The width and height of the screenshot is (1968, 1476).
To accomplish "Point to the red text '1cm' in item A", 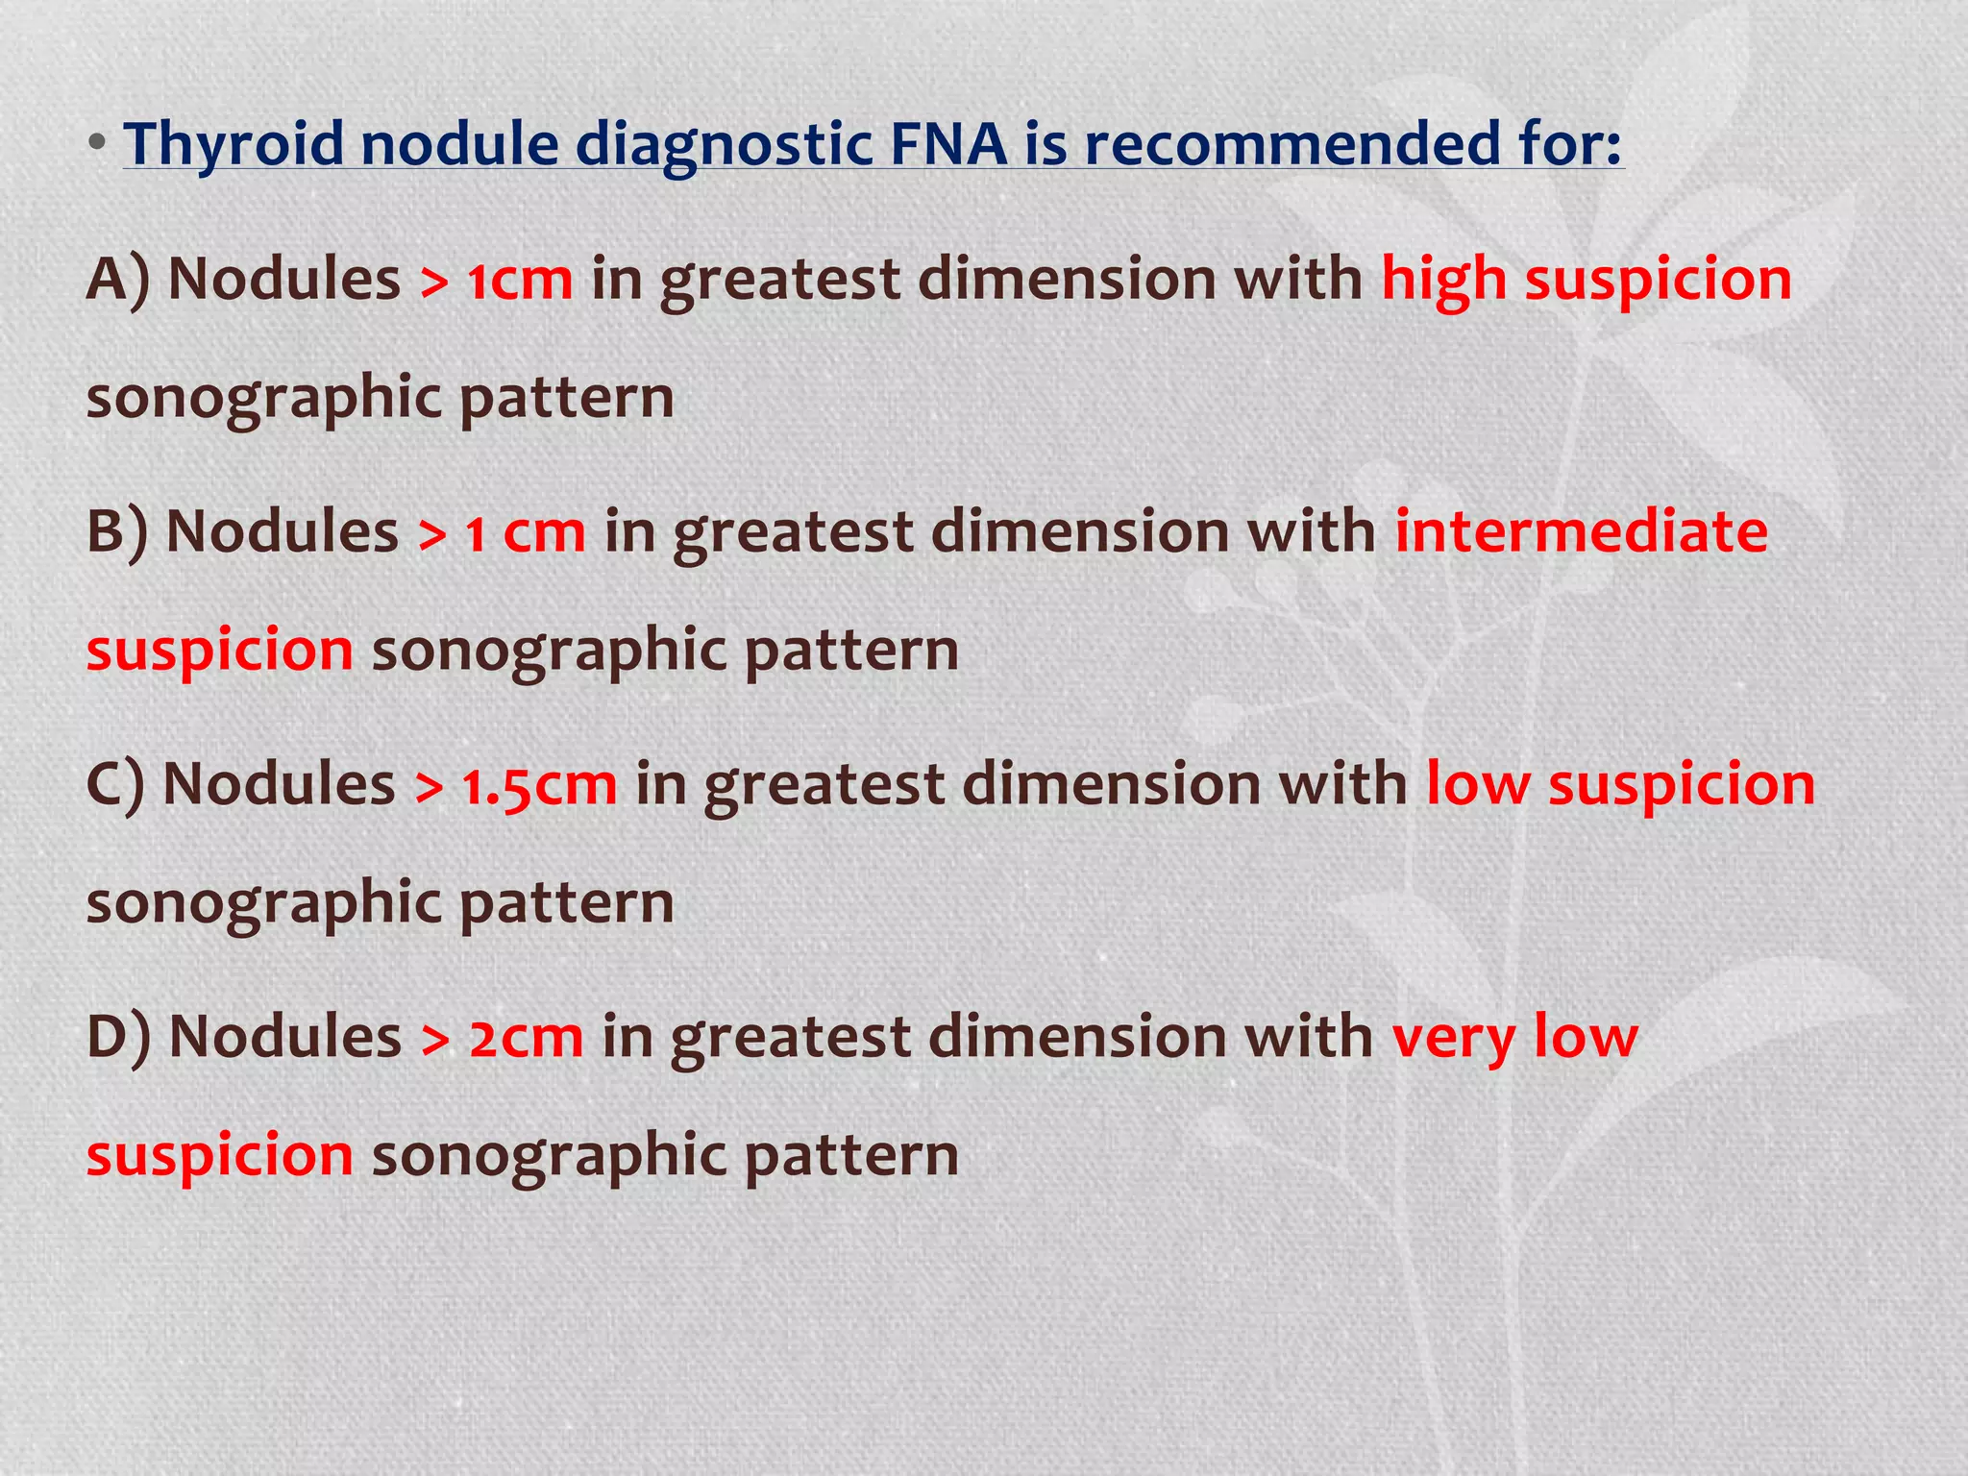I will [520, 281].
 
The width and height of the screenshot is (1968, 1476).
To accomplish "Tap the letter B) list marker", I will [117, 532].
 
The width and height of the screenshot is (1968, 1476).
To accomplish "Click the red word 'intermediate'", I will [1581, 532].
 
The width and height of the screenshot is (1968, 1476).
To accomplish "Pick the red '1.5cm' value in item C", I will [539, 785].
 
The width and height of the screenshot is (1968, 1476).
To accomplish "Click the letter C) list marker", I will [115, 785].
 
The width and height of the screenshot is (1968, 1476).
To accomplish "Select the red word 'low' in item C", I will [1477, 785].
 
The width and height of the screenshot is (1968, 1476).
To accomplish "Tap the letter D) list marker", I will [118, 1038].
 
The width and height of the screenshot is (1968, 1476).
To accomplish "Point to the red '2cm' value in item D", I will [526, 1038].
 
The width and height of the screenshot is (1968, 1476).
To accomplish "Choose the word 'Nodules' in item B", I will [282, 532].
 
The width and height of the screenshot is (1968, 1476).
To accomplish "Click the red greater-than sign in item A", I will [434, 283].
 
